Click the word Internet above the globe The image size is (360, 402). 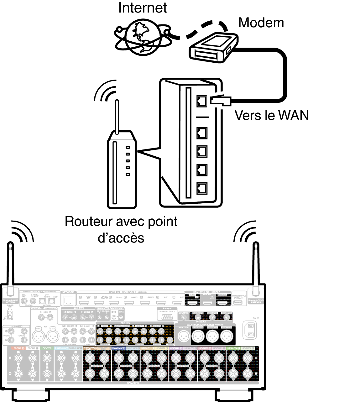point(143,8)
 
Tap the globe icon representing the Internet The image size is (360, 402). point(143,37)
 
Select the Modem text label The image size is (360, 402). point(261,23)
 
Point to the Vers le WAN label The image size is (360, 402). point(271,115)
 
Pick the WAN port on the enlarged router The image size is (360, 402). point(201,101)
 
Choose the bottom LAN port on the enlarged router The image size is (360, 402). point(202,188)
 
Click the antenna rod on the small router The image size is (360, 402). point(117,116)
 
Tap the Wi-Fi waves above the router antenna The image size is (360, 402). point(105,91)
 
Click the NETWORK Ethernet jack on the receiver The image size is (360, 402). point(68,300)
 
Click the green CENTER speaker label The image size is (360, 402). point(47,348)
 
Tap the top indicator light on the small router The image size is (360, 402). point(128,147)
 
